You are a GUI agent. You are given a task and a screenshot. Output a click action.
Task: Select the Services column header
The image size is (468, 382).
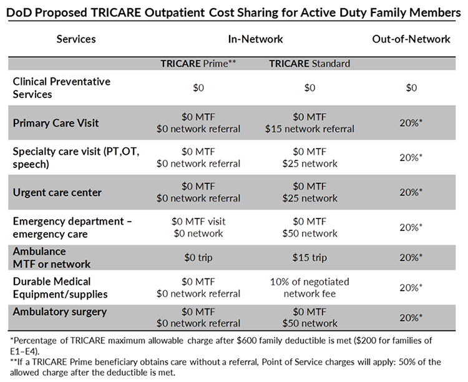click(x=76, y=39)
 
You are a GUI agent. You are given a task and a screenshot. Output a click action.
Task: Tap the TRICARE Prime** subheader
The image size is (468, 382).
click(x=198, y=64)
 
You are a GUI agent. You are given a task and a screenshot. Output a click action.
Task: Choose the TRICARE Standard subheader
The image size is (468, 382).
click(x=310, y=64)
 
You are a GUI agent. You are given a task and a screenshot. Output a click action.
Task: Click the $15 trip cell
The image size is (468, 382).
click(x=310, y=257)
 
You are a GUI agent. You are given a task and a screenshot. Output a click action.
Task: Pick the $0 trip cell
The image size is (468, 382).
click(x=198, y=257)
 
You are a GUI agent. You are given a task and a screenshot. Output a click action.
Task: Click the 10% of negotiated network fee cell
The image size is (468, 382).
click(x=310, y=287)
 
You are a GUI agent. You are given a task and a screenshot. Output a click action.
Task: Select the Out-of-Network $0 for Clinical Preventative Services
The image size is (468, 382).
click(x=411, y=88)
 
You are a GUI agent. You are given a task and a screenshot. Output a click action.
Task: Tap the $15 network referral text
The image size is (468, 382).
click(x=310, y=129)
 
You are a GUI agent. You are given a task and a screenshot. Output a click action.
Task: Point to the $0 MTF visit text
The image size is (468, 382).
click(x=198, y=222)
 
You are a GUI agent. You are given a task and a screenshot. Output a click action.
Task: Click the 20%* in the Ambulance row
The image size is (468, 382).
click(x=411, y=257)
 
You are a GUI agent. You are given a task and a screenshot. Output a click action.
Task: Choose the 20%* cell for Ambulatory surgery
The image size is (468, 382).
click(x=411, y=317)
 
